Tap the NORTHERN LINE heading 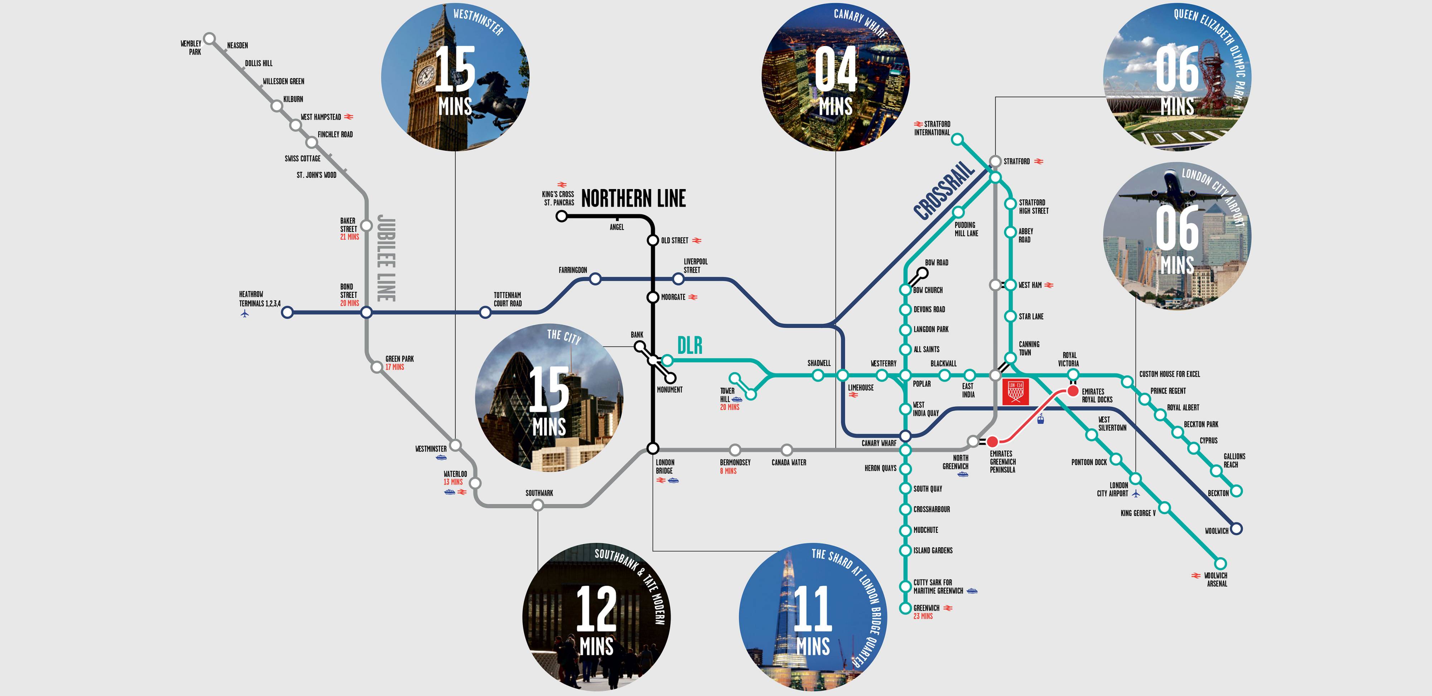point(633,198)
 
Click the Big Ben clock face point(425,75)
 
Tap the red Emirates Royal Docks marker point(1073,391)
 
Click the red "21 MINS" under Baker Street point(350,237)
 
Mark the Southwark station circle point(538,505)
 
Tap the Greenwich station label point(926,608)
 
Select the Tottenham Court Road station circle point(485,313)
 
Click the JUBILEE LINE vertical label point(386,258)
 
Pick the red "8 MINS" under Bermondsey point(728,471)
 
